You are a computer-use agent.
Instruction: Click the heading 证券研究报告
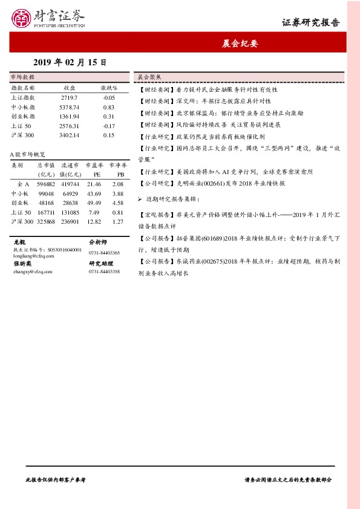pos(310,23)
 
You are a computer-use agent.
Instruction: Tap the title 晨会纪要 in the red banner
pos(240,44)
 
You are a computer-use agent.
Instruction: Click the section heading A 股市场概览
pos(28,155)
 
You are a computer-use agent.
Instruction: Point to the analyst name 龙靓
pos(19,241)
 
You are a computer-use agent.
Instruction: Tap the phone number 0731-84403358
pos(104,272)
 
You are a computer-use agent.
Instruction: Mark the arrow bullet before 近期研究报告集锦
pos(140,198)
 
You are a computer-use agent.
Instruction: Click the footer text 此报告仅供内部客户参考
pos(56,479)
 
